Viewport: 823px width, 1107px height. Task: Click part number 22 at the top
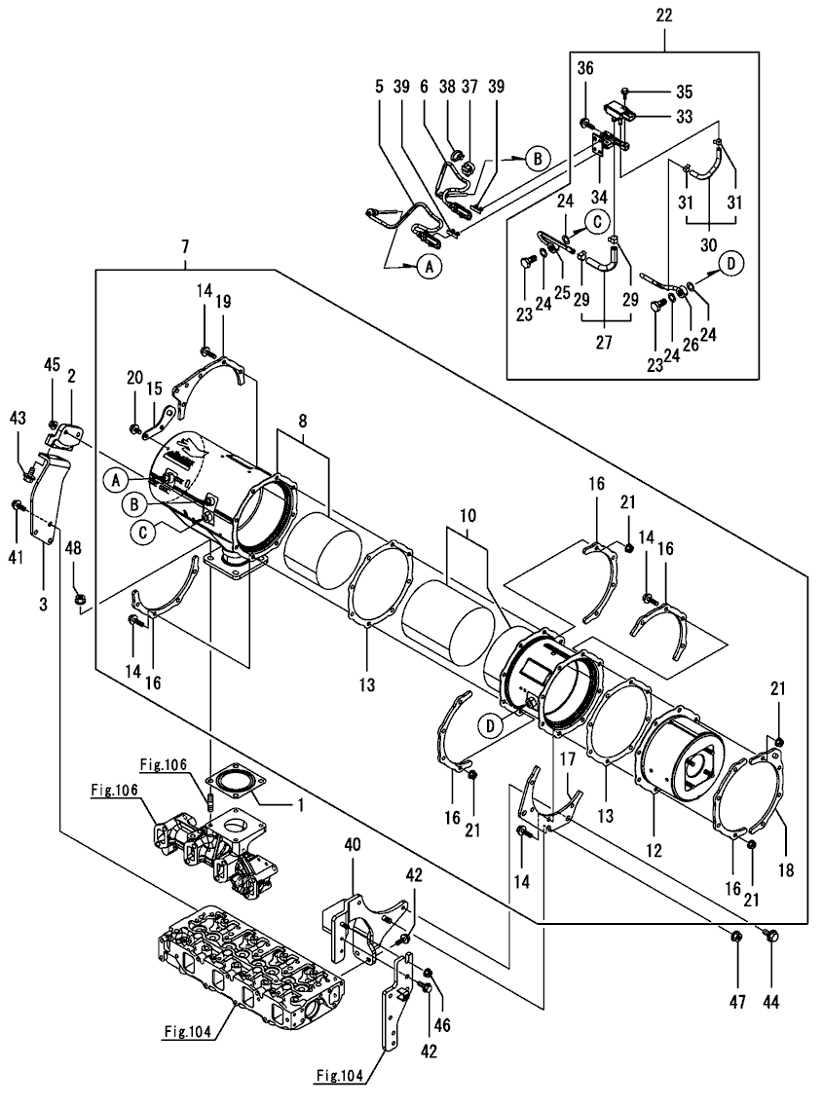point(664,16)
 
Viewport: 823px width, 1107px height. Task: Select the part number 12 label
point(653,850)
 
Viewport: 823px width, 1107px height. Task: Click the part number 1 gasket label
point(301,806)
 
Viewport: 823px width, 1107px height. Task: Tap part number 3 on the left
point(43,605)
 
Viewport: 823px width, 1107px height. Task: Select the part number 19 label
point(224,302)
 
